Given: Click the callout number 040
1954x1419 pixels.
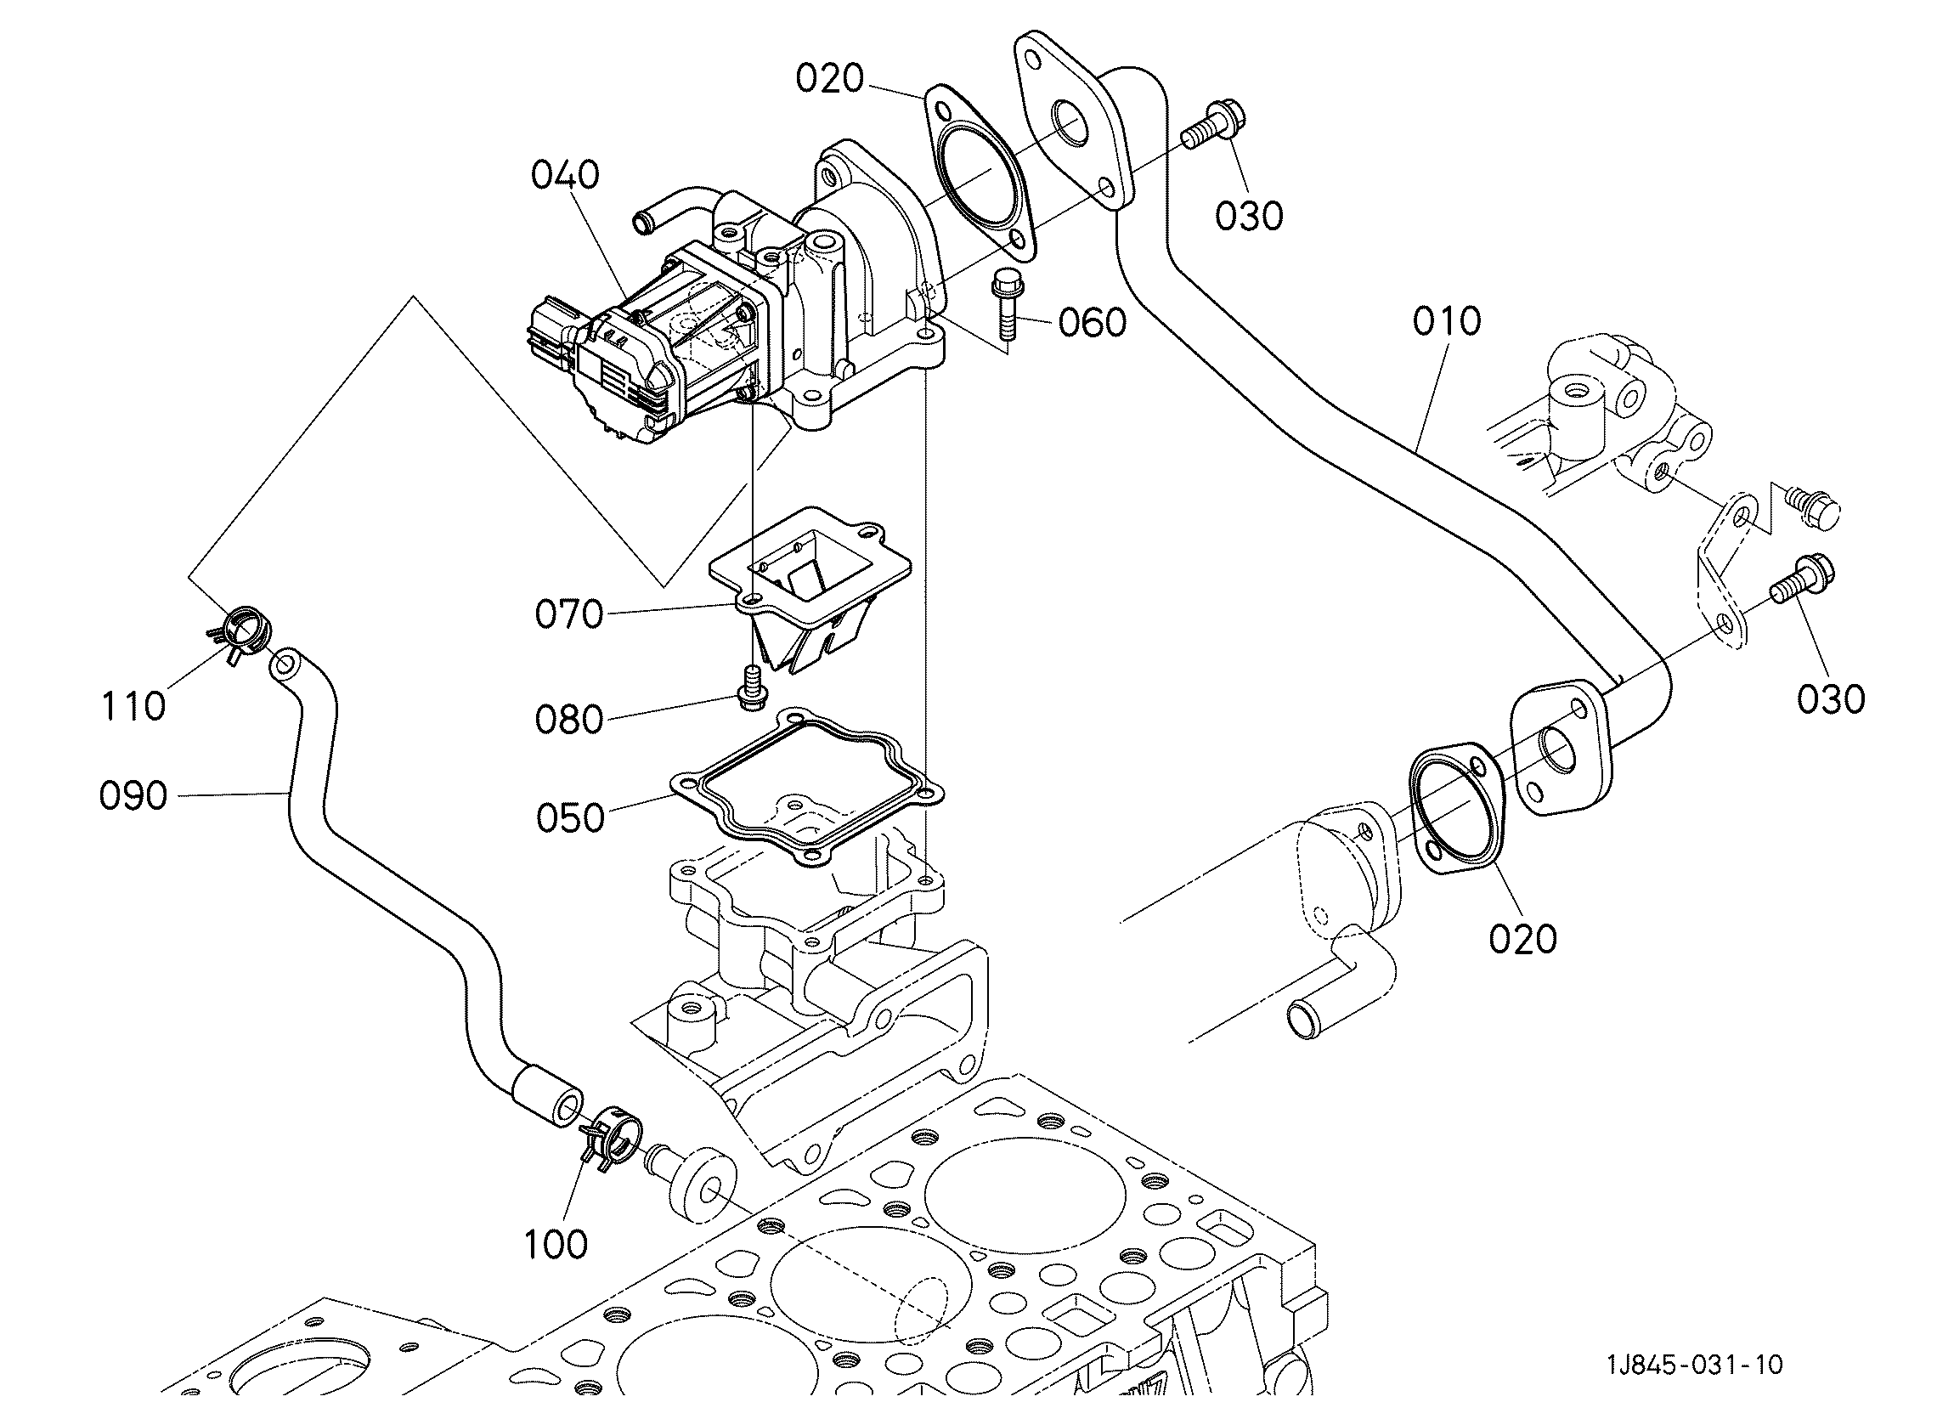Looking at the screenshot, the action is [565, 176].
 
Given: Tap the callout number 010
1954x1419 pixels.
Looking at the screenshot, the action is [1447, 321].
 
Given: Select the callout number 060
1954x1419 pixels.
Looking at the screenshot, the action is [1093, 323].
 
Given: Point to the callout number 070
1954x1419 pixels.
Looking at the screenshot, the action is [568, 615].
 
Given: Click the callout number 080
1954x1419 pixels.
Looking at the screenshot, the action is [568, 720].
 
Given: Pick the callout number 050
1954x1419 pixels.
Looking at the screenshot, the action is [570, 817].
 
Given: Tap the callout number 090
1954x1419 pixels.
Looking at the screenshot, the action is [133, 796].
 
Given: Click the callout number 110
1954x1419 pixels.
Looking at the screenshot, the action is [133, 706].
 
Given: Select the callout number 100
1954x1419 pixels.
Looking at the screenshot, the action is [556, 1244].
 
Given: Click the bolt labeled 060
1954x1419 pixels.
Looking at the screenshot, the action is [1007, 307].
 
